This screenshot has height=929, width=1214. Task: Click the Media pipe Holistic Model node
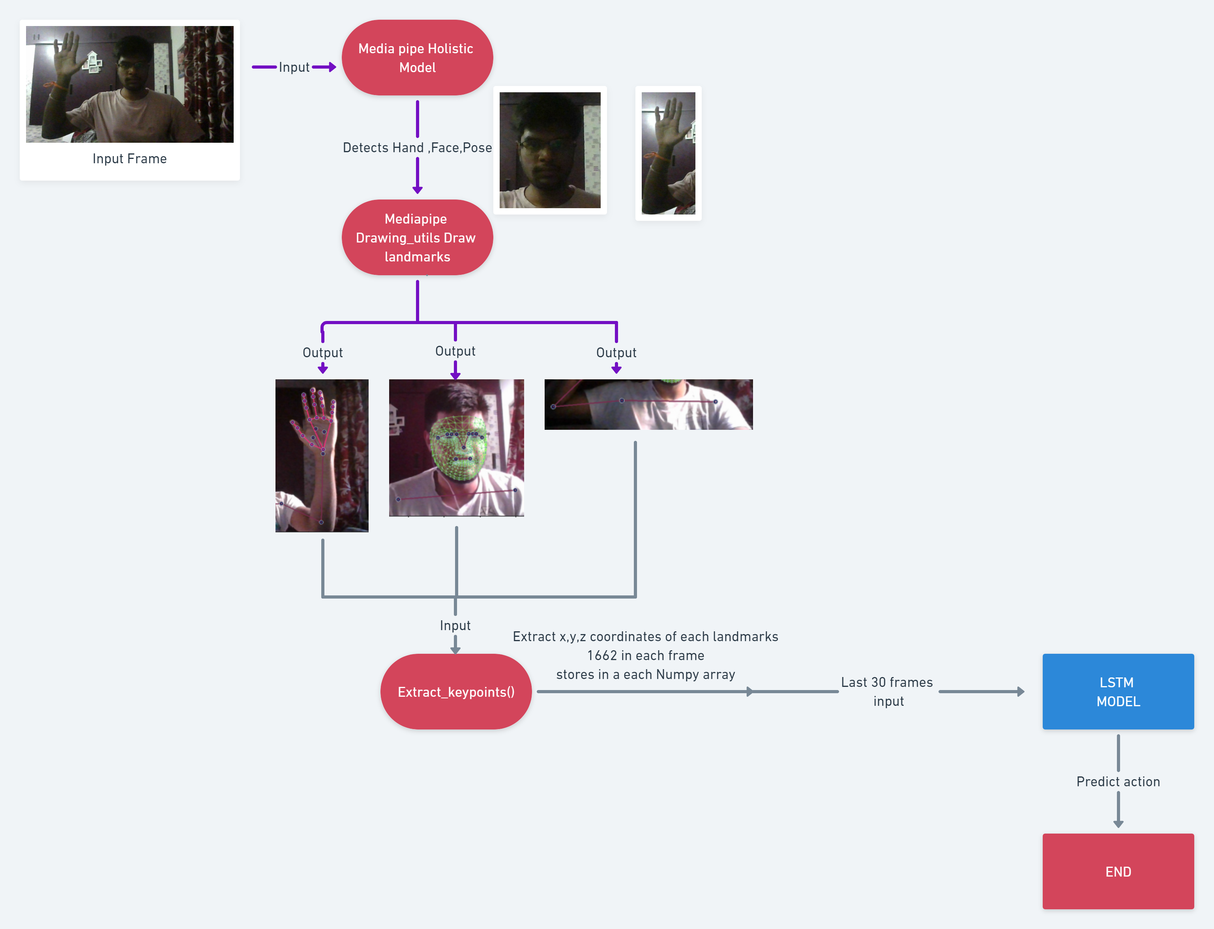(417, 58)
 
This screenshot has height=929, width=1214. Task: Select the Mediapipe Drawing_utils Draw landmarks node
(417, 238)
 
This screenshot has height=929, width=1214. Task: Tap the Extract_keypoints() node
(455, 692)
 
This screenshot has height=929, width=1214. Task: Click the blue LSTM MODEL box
(1118, 692)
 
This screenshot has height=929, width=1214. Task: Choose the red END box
(1118, 871)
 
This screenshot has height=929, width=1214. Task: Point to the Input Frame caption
(129, 159)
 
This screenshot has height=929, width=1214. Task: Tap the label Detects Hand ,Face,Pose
(417, 147)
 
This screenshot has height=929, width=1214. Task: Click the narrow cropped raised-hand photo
(668, 153)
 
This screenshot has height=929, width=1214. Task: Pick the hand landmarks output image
(322, 456)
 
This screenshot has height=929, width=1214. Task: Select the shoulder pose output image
(648, 404)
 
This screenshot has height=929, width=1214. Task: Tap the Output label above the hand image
(322, 353)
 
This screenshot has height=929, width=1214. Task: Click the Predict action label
(1118, 782)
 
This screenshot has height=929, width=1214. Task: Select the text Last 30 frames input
(887, 691)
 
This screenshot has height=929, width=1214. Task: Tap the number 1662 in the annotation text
(601, 656)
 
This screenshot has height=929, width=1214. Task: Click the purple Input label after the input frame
(294, 67)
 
